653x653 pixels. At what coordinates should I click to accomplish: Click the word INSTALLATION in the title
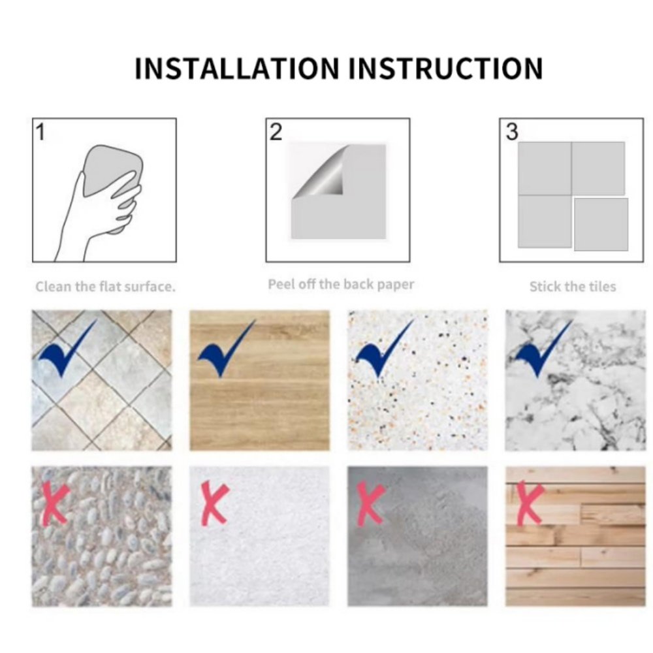click(x=237, y=68)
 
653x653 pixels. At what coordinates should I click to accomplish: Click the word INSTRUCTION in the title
click(x=445, y=68)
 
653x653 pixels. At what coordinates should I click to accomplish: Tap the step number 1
click(x=40, y=133)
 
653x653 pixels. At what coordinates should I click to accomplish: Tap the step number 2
click(x=276, y=133)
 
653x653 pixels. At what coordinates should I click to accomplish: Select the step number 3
click(x=512, y=133)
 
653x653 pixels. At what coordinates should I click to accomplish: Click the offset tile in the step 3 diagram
click(x=601, y=225)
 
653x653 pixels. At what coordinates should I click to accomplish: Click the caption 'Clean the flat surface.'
click(x=105, y=287)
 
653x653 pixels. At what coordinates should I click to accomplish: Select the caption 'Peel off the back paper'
click(x=341, y=285)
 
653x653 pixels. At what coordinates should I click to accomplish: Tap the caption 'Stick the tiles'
click(x=573, y=287)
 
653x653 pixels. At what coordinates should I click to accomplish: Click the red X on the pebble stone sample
click(x=56, y=502)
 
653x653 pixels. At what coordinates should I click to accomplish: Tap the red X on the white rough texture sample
click(x=214, y=503)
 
